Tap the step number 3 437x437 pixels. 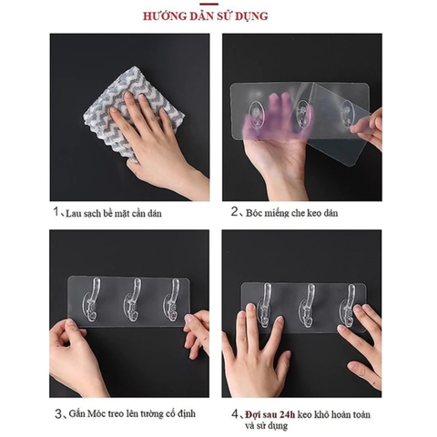pyautogui.click(x=56, y=412)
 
